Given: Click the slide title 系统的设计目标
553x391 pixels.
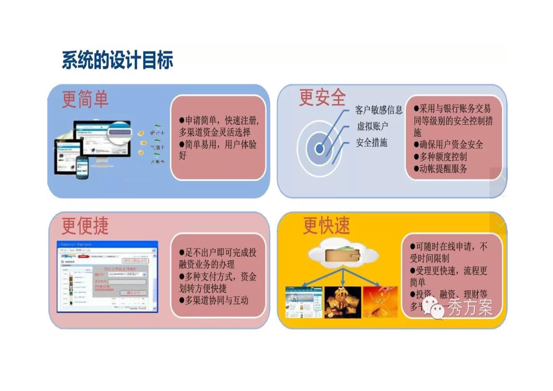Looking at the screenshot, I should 117,60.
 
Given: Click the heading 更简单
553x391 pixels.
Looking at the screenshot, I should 85,99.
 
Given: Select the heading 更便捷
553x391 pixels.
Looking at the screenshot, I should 85,226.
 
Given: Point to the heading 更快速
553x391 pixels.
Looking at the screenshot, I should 326,225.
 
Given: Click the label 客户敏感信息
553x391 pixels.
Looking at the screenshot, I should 379,110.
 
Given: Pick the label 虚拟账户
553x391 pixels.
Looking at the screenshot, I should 372,126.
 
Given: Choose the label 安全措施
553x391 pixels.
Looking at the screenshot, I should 371,143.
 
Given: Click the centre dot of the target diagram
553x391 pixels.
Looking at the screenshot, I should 319,149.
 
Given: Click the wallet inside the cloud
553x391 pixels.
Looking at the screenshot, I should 343,255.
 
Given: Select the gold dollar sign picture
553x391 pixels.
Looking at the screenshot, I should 343,302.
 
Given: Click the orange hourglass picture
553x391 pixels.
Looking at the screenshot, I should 380,302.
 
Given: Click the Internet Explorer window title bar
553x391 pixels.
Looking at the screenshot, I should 107,244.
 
